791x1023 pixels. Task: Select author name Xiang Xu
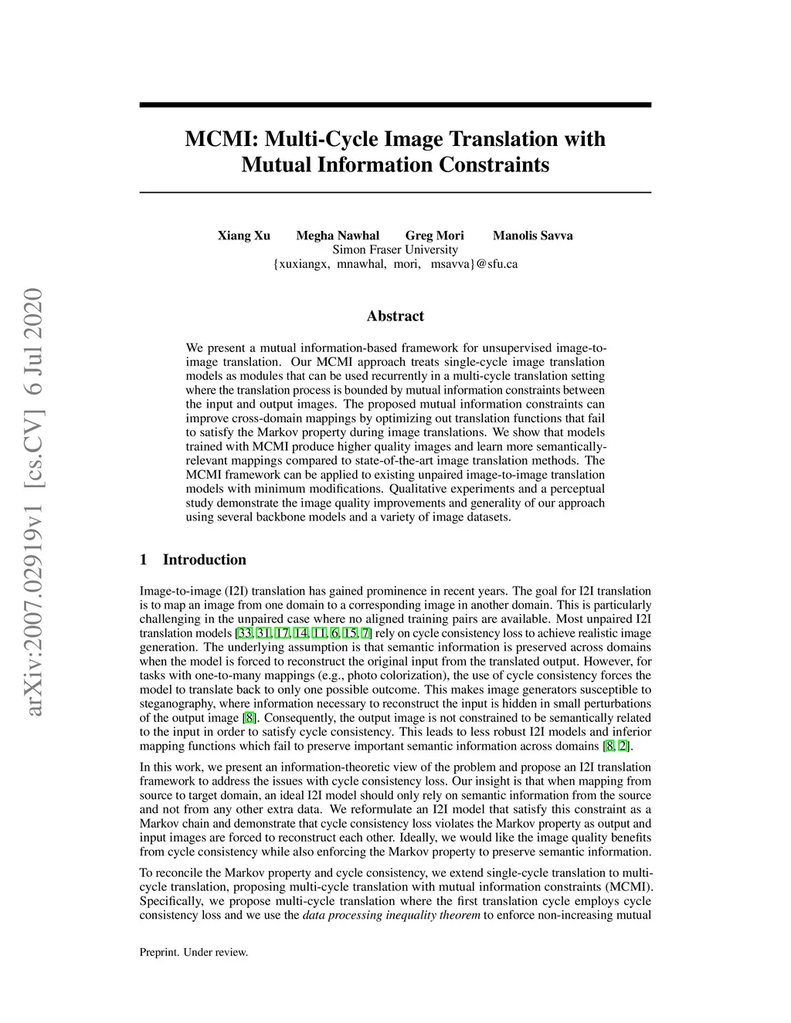coord(243,235)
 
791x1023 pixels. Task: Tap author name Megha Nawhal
coord(338,235)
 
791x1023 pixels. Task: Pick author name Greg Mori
coord(434,235)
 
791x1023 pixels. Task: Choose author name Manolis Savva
coord(532,235)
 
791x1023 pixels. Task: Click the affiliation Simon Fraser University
coord(395,249)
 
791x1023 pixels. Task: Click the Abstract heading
coord(395,316)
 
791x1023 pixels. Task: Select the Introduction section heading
coord(204,560)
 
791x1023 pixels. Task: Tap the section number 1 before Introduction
coord(143,560)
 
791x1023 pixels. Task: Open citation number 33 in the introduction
coord(245,634)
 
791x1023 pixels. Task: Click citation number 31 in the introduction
coord(263,634)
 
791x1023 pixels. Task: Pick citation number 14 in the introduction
coord(301,634)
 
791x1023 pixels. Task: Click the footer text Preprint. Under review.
coord(193,952)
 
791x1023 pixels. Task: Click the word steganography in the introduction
coord(177,704)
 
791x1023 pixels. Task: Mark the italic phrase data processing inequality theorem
coord(391,916)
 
